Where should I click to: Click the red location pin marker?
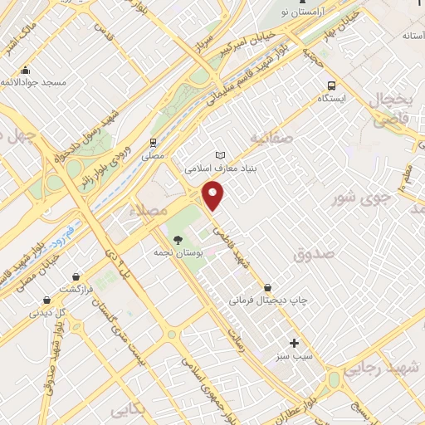214,196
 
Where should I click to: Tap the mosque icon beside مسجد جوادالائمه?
27,70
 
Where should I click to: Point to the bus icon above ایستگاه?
332,85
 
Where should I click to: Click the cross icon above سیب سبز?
294,342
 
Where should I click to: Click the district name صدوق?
311,255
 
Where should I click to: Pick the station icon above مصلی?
153,142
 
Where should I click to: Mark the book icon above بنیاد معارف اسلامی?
220,155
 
